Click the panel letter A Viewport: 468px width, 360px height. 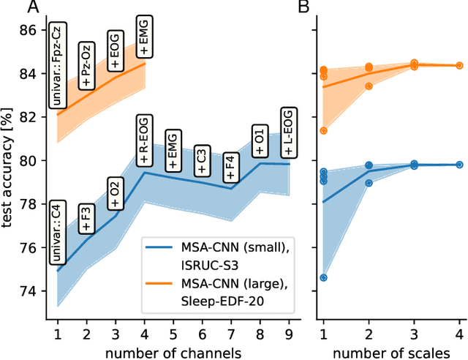pyautogui.click(x=33, y=8)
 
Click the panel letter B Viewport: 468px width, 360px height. pyautogui.click(x=302, y=8)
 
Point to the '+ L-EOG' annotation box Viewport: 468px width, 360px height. pyautogui.click(x=287, y=132)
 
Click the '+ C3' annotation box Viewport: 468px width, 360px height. pyautogui.click(x=201, y=160)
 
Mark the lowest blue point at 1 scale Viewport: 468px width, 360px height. pyautogui.click(x=323, y=277)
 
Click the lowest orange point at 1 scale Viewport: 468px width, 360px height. pyautogui.click(x=323, y=131)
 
